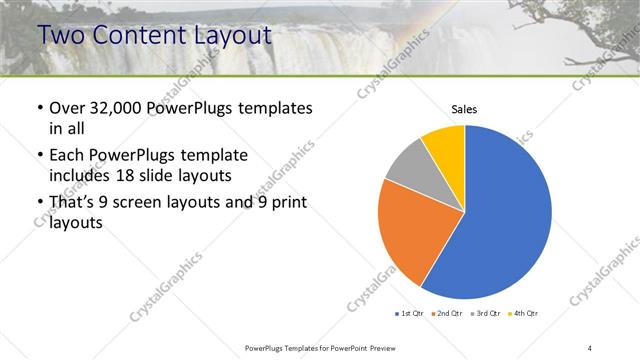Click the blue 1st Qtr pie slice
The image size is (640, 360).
(x=505, y=215)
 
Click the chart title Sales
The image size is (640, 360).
(x=465, y=108)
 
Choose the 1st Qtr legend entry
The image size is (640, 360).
(x=410, y=313)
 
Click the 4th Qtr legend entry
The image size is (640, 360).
(x=524, y=313)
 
